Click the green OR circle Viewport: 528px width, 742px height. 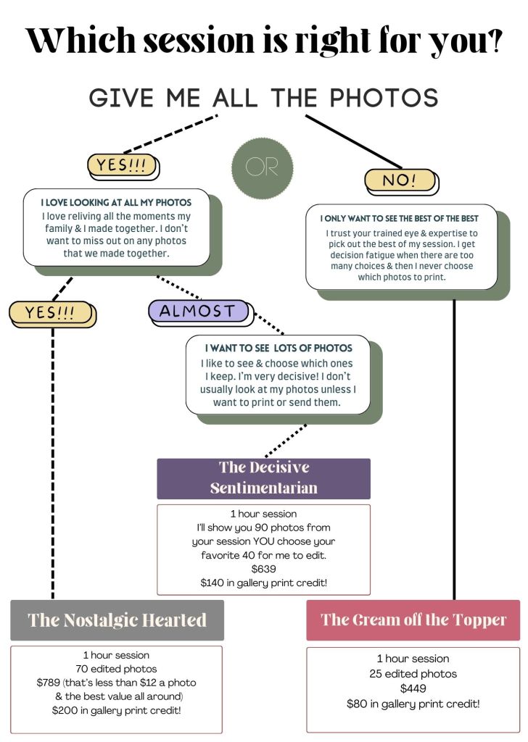pos(262,168)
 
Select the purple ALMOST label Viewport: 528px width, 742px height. pos(197,312)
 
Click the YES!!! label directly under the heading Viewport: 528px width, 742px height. pos(121,165)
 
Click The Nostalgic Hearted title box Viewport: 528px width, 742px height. pos(117,620)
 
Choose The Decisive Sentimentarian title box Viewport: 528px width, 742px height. pos(263,478)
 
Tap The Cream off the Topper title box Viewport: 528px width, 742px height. pos(413,620)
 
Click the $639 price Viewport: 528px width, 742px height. pos(263,569)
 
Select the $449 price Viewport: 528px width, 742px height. pos(413,688)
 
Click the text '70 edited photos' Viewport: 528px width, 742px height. pos(116,669)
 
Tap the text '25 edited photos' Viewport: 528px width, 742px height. pos(413,674)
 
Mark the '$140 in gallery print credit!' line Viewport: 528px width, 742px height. pos(263,583)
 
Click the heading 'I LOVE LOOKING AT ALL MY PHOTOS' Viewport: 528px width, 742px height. pos(116,202)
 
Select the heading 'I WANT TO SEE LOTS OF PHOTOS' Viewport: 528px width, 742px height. pos(279,348)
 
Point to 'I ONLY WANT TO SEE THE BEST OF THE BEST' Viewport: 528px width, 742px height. pos(409,217)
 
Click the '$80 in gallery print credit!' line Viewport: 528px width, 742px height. pos(413,703)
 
